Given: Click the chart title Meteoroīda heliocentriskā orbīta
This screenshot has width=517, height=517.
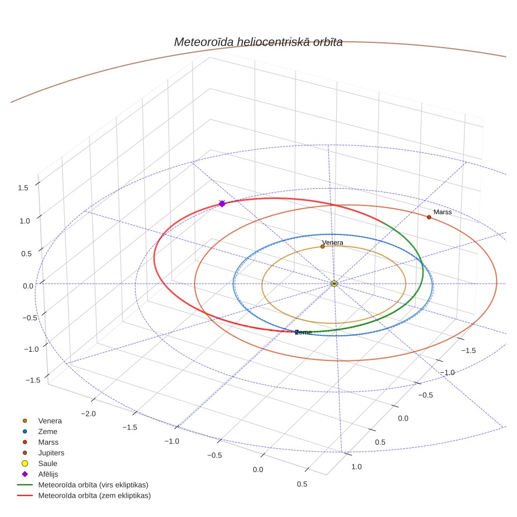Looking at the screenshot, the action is coord(258,42).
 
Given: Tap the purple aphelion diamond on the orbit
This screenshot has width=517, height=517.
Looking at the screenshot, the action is coord(222,203).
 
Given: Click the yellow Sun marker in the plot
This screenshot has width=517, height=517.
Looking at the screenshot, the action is coord(334,284).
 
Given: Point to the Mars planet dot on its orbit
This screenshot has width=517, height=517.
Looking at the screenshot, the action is coord(429,217).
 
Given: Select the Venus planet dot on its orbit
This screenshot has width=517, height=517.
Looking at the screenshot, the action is coord(322,246).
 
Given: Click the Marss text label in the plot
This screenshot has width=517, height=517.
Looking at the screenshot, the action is coord(442,212).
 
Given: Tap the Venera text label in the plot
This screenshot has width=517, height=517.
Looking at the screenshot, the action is coord(333,242).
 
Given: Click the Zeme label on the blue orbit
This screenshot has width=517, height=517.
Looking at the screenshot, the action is coord(304,332).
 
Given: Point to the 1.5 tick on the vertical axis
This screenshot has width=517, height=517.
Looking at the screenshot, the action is coord(23,188).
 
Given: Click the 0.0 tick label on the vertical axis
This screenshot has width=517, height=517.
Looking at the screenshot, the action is coord(28,286).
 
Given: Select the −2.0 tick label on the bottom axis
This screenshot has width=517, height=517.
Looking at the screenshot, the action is coord(88,413).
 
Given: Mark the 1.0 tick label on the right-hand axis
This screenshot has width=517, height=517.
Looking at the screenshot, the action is coord(357,467).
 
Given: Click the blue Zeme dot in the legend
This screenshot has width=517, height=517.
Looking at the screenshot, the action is coord(25,431).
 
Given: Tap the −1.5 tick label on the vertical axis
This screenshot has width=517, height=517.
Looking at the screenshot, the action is coord(33,380).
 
